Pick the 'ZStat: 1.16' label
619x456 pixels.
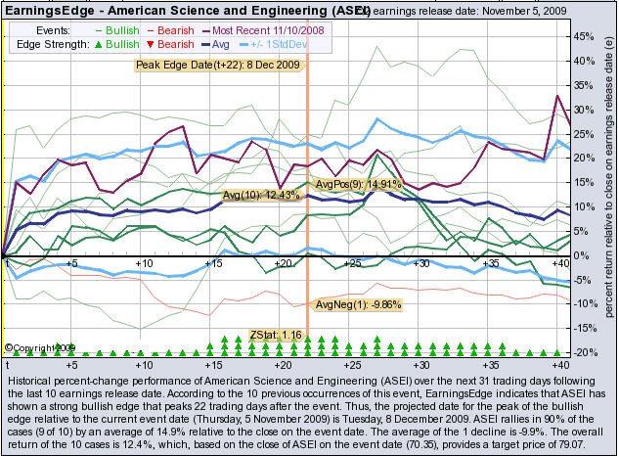tap(278, 336)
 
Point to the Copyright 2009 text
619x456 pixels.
tap(39, 347)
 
